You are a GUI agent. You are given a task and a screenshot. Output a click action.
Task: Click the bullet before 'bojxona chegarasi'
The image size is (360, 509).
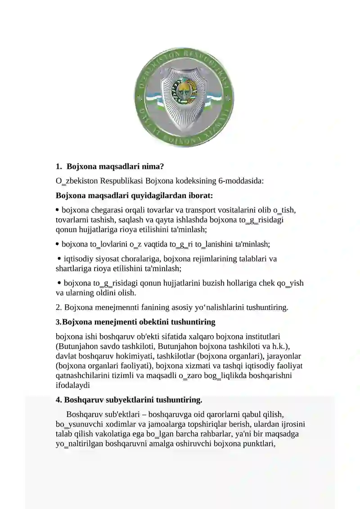[58, 210]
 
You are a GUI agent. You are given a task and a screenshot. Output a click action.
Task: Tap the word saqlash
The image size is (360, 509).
[133, 220]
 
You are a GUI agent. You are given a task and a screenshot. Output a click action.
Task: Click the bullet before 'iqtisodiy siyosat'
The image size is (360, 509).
[59, 258]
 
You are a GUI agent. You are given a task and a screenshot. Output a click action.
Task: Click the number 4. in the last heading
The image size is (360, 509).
[59, 400]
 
